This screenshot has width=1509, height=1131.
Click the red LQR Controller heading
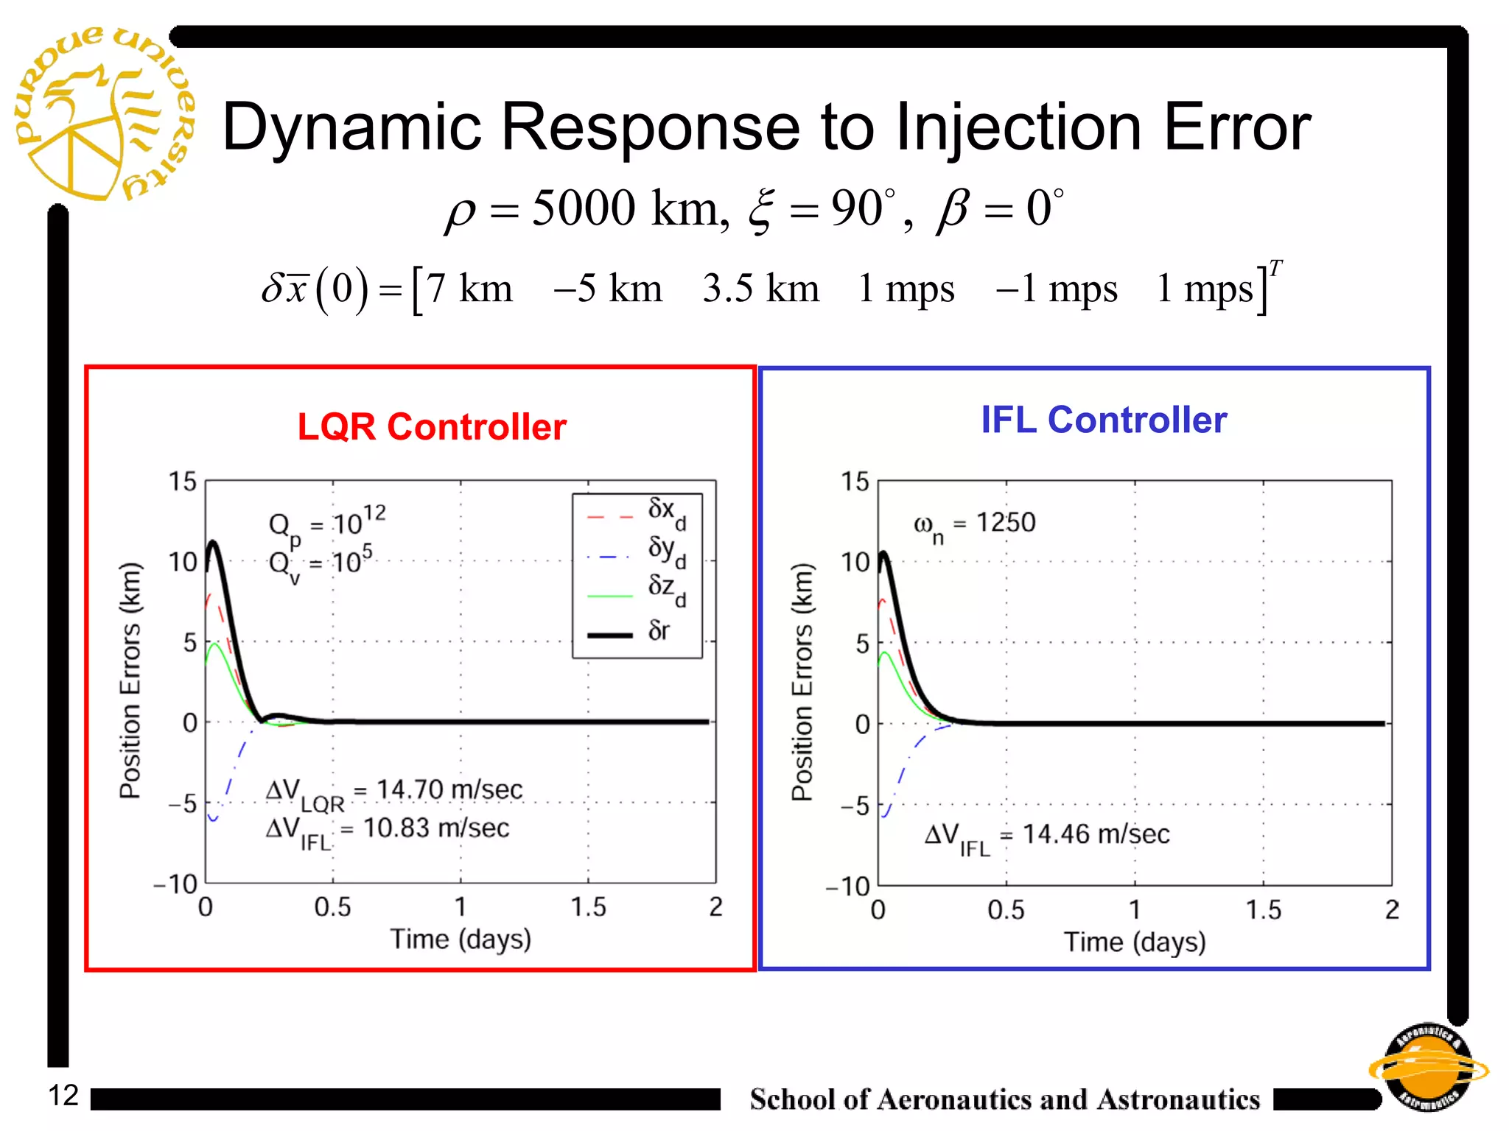(x=432, y=427)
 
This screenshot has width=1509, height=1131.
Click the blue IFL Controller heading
(x=1104, y=420)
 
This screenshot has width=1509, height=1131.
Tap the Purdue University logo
(x=103, y=114)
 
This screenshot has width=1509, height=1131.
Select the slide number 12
(x=63, y=1095)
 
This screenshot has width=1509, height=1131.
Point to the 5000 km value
(x=625, y=208)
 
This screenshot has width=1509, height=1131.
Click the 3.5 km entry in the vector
(x=760, y=289)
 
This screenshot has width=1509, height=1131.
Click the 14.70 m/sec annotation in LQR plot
(x=449, y=790)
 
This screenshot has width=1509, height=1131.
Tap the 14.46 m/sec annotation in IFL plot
(x=1096, y=834)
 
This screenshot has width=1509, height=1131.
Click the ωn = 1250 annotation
(x=974, y=524)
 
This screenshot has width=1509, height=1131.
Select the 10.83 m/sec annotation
(x=435, y=828)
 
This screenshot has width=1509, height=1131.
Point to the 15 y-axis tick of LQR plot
(x=183, y=482)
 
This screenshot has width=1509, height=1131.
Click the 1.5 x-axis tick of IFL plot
(x=1263, y=910)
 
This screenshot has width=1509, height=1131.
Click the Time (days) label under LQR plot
(x=461, y=940)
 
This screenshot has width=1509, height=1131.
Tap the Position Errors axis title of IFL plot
(x=802, y=681)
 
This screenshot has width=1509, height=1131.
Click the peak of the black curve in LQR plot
(x=213, y=543)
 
